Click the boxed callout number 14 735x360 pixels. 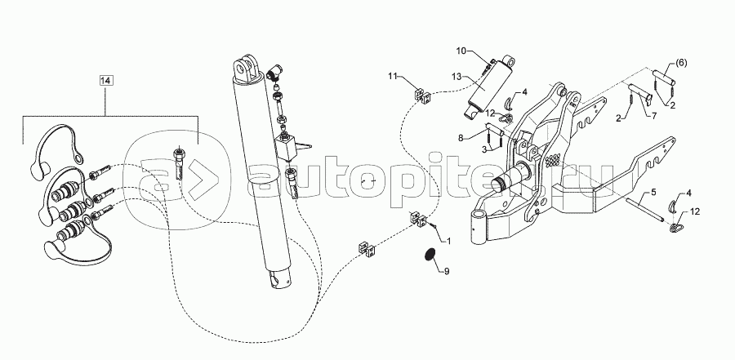point(106,81)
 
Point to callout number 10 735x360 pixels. point(461,51)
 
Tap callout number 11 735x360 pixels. point(392,75)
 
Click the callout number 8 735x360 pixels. point(461,138)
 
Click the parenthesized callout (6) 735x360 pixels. point(681,64)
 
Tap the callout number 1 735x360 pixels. point(448,242)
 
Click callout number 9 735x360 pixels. point(446,271)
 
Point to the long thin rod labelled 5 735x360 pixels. point(644,209)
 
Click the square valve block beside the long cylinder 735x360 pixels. point(286,147)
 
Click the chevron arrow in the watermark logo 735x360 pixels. point(205,178)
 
